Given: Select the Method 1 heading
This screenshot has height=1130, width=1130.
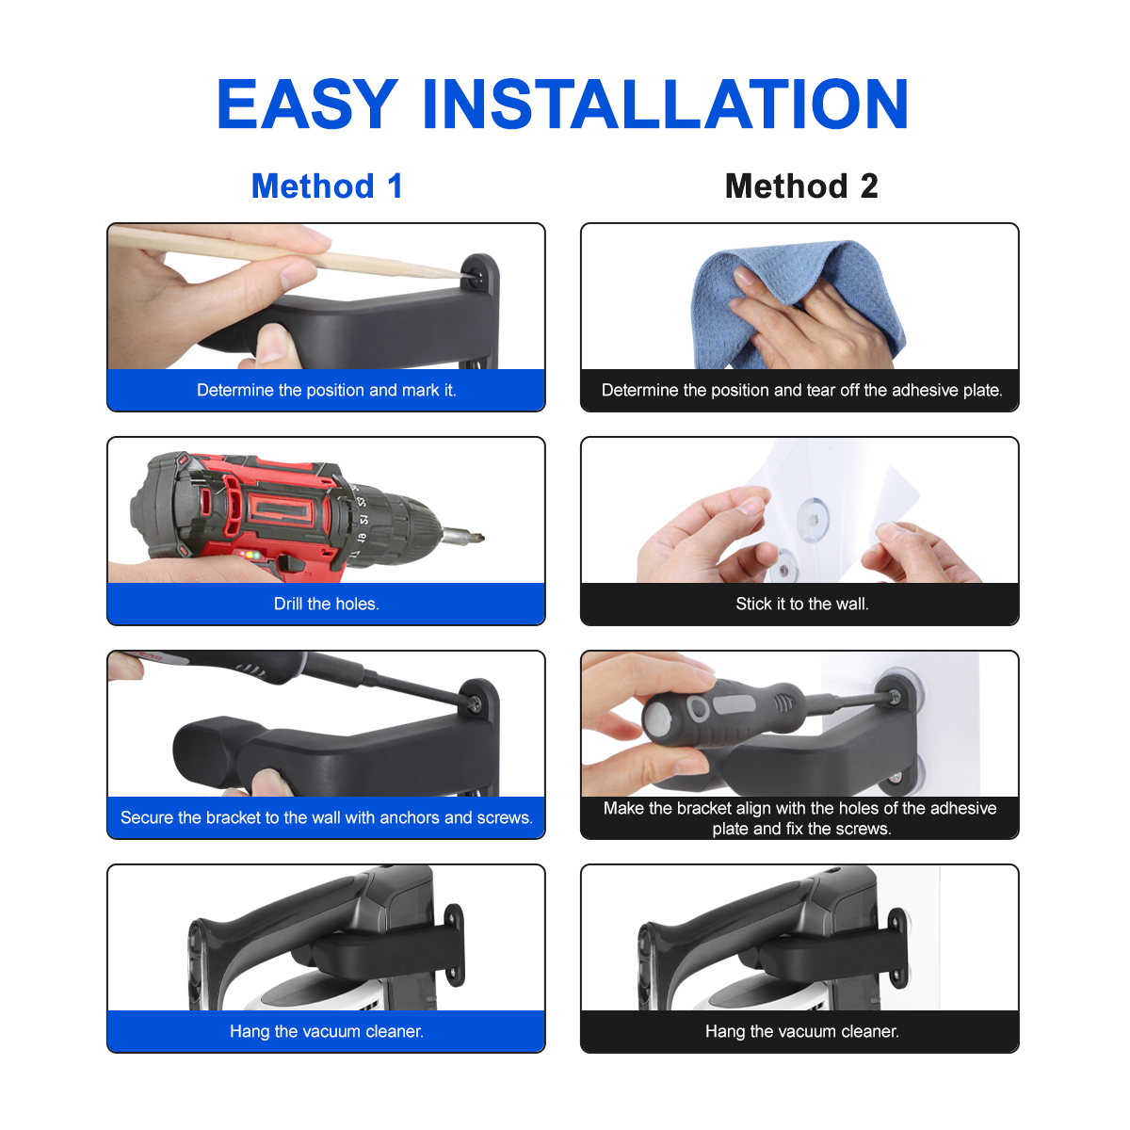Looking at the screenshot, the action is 327,186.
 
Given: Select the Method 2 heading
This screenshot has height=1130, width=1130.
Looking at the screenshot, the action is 801,186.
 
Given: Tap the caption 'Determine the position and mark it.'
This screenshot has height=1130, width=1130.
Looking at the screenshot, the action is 326,390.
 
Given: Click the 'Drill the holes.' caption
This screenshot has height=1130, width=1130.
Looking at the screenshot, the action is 326,604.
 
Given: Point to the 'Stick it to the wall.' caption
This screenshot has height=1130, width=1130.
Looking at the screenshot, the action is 801,604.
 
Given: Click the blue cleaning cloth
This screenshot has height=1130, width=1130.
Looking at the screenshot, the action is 798,305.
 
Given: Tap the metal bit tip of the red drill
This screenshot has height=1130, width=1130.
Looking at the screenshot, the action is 463,536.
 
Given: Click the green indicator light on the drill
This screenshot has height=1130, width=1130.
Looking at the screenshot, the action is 256,555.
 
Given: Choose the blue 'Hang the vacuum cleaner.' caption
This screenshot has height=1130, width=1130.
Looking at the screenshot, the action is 326,1031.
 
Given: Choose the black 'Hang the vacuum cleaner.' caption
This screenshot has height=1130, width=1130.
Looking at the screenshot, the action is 801,1031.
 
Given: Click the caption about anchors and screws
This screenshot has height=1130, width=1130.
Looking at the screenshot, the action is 326,817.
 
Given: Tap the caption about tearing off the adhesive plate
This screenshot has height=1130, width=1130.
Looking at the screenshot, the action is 801,390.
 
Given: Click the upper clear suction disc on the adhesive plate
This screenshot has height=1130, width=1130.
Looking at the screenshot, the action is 814,518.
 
